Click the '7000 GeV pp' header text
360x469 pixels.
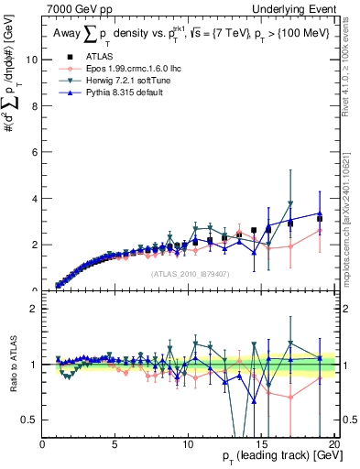74,7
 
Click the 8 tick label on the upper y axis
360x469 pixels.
35,106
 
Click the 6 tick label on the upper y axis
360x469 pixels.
35,152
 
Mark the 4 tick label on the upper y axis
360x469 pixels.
35,199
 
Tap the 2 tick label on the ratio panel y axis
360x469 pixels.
35,309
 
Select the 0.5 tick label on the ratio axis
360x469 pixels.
30,420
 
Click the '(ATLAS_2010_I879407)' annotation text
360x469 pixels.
189,273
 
